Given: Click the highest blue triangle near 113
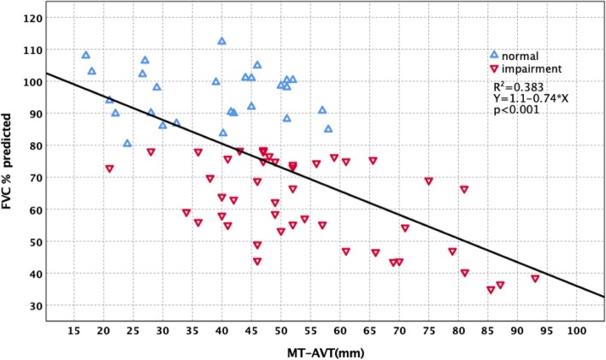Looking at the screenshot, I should pos(221,41).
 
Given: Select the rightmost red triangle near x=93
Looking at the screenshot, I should pos(535,279).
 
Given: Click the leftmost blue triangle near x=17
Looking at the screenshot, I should pos(85,55).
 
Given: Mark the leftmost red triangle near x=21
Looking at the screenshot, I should pos(109,168).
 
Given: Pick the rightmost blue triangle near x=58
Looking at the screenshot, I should pos(328,129).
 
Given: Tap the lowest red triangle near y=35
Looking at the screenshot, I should pos(491,290).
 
